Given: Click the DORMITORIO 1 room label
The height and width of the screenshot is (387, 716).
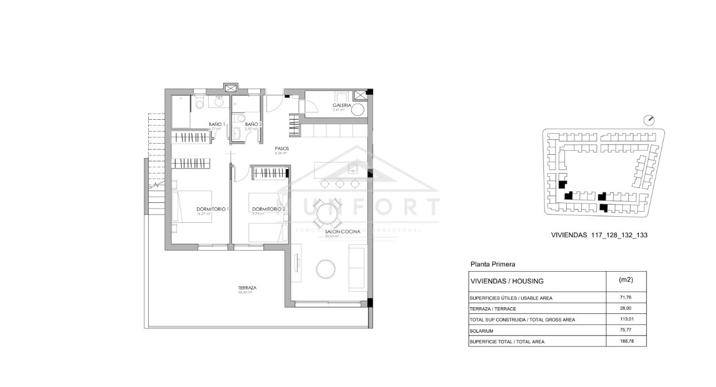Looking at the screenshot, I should (213, 209).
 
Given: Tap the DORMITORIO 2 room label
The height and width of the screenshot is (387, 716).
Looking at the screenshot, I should (268, 209).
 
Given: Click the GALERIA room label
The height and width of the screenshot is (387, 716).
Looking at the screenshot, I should (341, 105).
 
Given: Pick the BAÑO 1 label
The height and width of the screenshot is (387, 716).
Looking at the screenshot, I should (216, 124).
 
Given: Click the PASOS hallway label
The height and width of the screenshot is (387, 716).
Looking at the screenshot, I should (282, 149).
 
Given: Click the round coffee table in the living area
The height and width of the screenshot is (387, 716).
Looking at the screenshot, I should (326, 269).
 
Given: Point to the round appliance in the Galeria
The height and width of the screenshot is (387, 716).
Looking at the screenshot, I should (359, 110).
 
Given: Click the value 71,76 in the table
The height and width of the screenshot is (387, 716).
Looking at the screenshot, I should (626, 298).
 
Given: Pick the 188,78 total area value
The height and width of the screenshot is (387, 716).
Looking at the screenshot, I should (626, 342).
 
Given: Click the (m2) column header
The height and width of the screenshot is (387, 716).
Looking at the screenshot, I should (626, 280).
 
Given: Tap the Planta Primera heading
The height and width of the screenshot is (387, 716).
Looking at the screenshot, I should (493, 265).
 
